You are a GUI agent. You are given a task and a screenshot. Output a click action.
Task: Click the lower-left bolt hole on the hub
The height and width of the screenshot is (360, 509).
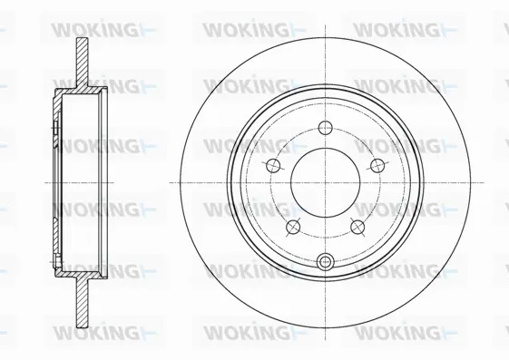[292, 227]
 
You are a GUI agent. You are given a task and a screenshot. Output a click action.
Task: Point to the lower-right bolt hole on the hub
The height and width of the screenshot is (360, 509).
[357, 227]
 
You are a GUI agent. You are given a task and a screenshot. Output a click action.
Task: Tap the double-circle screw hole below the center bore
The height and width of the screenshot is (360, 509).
[325, 262]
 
